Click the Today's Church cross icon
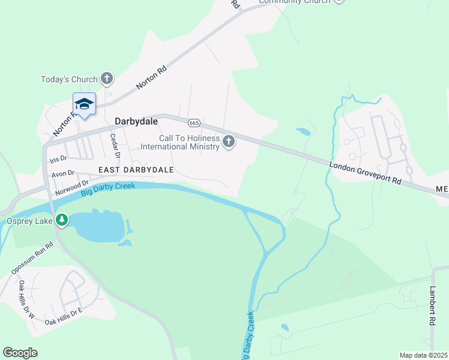[x=107, y=78]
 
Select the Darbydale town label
[x=136, y=121]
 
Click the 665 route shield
[x=193, y=122]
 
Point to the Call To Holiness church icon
[x=228, y=142]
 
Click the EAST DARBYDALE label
[x=136, y=170]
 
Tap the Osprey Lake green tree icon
[x=62, y=221]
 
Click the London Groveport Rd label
[x=365, y=172]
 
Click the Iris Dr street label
[x=58, y=160]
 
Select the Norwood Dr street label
[x=71, y=186]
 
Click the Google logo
[x=20, y=353]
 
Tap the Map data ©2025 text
[x=423, y=355]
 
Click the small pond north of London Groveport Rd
[x=303, y=131]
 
